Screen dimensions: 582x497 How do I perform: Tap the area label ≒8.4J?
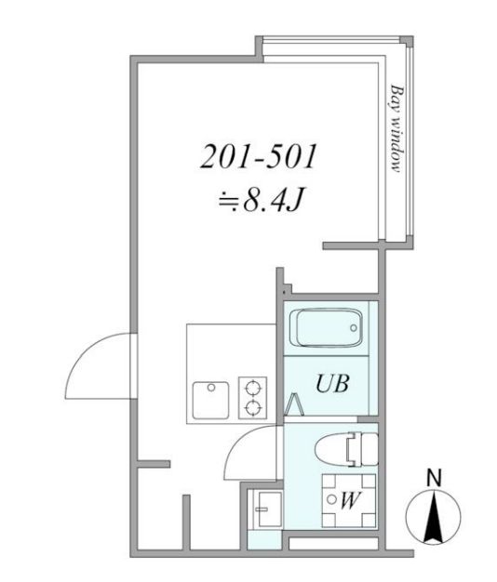pyautogui.click(x=259, y=202)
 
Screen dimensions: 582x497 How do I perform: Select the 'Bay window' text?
pyautogui.click(x=396, y=128)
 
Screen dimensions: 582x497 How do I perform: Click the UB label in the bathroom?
pyautogui.click(x=331, y=382)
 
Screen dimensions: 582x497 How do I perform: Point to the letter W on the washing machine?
pyautogui.click(x=349, y=500)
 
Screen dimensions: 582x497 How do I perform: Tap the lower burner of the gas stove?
pyautogui.click(x=252, y=407)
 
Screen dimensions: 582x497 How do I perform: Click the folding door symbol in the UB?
pyautogui.click(x=296, y=404)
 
